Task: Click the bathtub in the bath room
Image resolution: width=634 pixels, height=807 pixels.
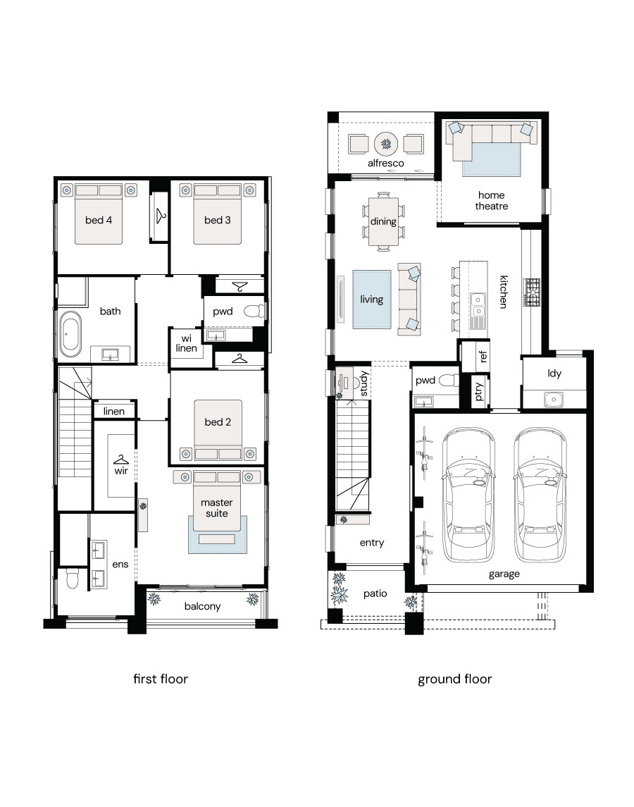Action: click(70, 335)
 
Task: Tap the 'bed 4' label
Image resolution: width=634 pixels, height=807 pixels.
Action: click(99, 221)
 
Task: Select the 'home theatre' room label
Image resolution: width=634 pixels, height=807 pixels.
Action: click(492, 201)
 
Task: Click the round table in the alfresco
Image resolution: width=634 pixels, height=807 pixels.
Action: click(386, 144)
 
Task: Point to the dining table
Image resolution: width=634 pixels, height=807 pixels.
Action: click(383, 221)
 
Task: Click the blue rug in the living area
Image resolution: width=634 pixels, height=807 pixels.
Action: click(371, 299)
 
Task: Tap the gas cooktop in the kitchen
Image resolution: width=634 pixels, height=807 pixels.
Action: click(532, 292)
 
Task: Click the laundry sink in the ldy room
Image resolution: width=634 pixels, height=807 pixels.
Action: click(554, 398)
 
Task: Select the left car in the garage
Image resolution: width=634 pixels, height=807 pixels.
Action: click(468, 495)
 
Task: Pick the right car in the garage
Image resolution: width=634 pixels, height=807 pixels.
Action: click(540, 495)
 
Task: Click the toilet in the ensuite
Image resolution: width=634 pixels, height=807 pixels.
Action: click(72, 579)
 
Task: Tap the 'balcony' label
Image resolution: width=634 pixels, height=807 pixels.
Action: click(202, 606)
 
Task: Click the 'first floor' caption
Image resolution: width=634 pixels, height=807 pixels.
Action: click(161, 679)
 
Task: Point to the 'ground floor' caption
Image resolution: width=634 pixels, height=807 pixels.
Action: click(454, 679)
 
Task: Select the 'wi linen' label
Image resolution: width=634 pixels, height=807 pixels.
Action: click(186, 343)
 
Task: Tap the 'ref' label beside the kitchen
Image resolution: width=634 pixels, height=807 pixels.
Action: click(482, 356)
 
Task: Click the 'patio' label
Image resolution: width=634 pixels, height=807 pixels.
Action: click(375, 594)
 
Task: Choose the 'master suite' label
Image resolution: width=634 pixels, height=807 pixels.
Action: click(217, 508)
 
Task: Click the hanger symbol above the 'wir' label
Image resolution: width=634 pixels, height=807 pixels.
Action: click(121, 459)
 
